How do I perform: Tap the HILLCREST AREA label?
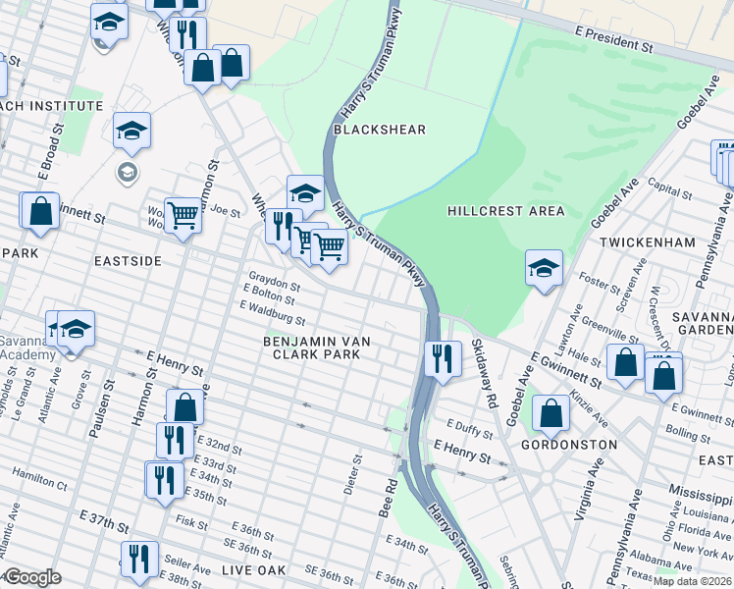point(505,211)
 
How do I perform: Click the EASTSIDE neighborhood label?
point(127,261)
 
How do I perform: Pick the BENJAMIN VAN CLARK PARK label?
point(316,348)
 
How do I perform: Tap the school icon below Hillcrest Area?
point(544,268)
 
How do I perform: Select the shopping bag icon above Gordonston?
point(551,412)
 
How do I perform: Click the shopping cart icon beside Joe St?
point(183,214)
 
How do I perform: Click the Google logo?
point(31,577)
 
